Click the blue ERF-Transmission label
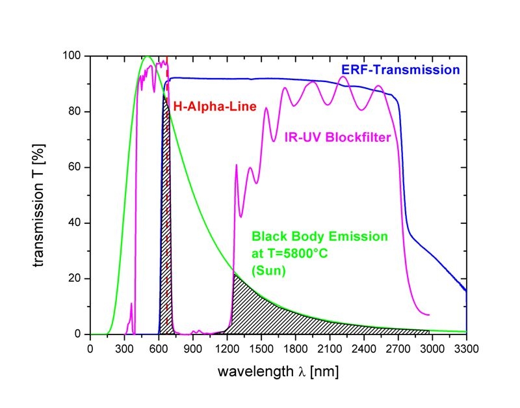click(x=400, y=69)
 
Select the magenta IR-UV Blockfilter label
click(x=341, y=137)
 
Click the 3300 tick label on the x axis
click(x=467, y=349)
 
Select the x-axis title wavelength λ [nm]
click(x=279, y=372)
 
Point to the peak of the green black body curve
click(x=148, y=57)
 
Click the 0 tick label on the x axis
click(x=90, y=349)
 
